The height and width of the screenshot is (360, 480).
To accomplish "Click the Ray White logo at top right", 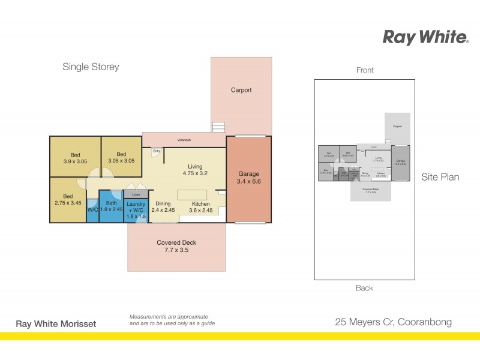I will [x=425, y=37].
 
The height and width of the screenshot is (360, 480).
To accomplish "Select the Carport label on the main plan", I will [x=241, y=91].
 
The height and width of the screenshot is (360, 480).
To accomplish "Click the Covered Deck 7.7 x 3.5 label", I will [x=176, y=247].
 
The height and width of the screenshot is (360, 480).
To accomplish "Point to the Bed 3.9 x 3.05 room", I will [x=75, y=157].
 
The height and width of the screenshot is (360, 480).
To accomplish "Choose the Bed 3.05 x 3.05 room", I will [x=121, y=157].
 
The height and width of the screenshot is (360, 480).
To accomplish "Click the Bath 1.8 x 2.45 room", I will [x=112, y=206].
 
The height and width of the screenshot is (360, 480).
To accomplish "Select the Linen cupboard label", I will [x=136, y=194].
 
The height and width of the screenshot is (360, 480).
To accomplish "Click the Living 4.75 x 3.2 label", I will [x=195, y=170].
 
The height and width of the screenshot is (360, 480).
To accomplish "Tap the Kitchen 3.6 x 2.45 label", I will [x=201, y=207].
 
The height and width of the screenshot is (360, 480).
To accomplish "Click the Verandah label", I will [x=184, y=140].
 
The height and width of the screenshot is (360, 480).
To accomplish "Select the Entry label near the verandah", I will [x=157, y=151].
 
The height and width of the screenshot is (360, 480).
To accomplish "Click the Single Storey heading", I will [x=91, y=67].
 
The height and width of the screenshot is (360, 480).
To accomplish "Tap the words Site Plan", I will [x=440, y=177].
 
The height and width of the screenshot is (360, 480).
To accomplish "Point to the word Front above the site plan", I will [x=365, y=70].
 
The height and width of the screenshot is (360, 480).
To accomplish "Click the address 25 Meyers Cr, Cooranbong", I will [x=393, y=322].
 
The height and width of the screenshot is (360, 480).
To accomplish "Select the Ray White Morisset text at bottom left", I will [x=55, y=324].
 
